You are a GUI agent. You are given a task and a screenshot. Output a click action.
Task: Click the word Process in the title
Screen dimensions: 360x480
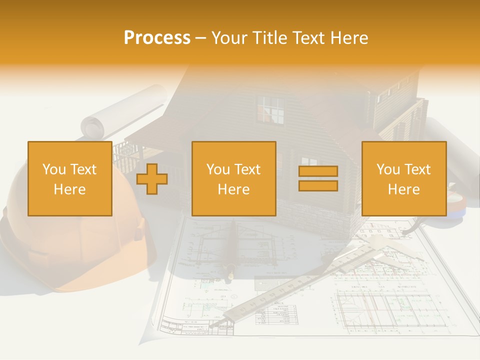[x=157, y=38]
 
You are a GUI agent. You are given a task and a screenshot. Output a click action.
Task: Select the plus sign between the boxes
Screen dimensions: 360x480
[x=152, y=179]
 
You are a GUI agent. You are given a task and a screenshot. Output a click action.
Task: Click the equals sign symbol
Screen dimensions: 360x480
[x=318, y=178]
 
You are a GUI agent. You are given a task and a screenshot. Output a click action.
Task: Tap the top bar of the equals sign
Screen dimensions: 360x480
[x=318, y=171]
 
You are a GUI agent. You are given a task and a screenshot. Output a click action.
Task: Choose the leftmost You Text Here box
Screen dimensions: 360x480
[x=70, y=179]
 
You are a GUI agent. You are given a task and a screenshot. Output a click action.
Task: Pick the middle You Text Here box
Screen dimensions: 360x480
[x=233, y=179]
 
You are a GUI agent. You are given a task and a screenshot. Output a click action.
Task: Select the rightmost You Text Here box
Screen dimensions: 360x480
[x=403, y=179]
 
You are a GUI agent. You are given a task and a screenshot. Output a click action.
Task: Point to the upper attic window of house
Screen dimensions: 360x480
[x=270, y=110]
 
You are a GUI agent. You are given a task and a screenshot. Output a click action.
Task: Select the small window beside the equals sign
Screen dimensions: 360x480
[x=309, y=161]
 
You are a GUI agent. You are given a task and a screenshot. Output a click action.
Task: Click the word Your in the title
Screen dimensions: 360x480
[x=229, y=38]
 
